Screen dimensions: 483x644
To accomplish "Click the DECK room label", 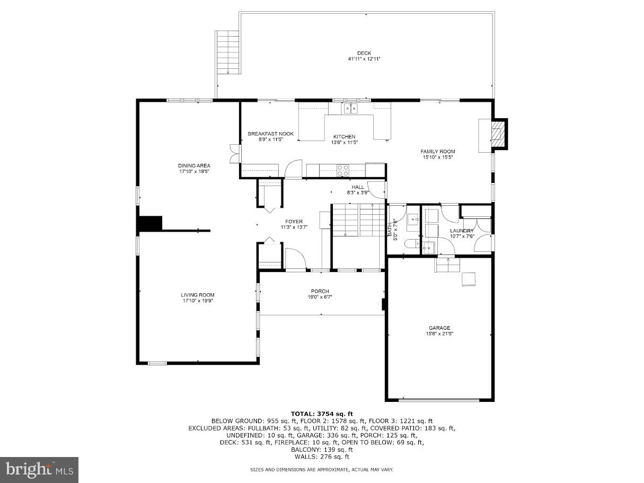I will click(364, 53).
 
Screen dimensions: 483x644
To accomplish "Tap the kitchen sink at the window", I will click(350, 109).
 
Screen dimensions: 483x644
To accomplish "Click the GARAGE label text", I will click(439, 328).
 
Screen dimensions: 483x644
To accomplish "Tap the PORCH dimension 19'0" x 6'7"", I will click(320, 297).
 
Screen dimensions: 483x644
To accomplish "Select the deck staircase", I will click(228, 52).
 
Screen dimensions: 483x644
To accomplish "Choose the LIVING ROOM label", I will click(198, 295).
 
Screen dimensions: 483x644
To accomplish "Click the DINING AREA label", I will click(194, 165).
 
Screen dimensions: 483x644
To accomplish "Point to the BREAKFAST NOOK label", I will click(270, 134).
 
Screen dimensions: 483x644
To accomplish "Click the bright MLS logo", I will click(40, 469).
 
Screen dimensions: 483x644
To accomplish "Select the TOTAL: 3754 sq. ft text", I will click(322, 414).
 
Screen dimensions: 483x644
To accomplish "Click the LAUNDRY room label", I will click(462, 231).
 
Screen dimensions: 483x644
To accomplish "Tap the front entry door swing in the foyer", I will click(296, 258).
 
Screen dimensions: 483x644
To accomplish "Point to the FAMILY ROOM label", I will click(438, 152).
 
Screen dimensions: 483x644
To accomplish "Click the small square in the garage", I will click(469, 279).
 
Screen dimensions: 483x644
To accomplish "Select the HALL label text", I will click(358, 187).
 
